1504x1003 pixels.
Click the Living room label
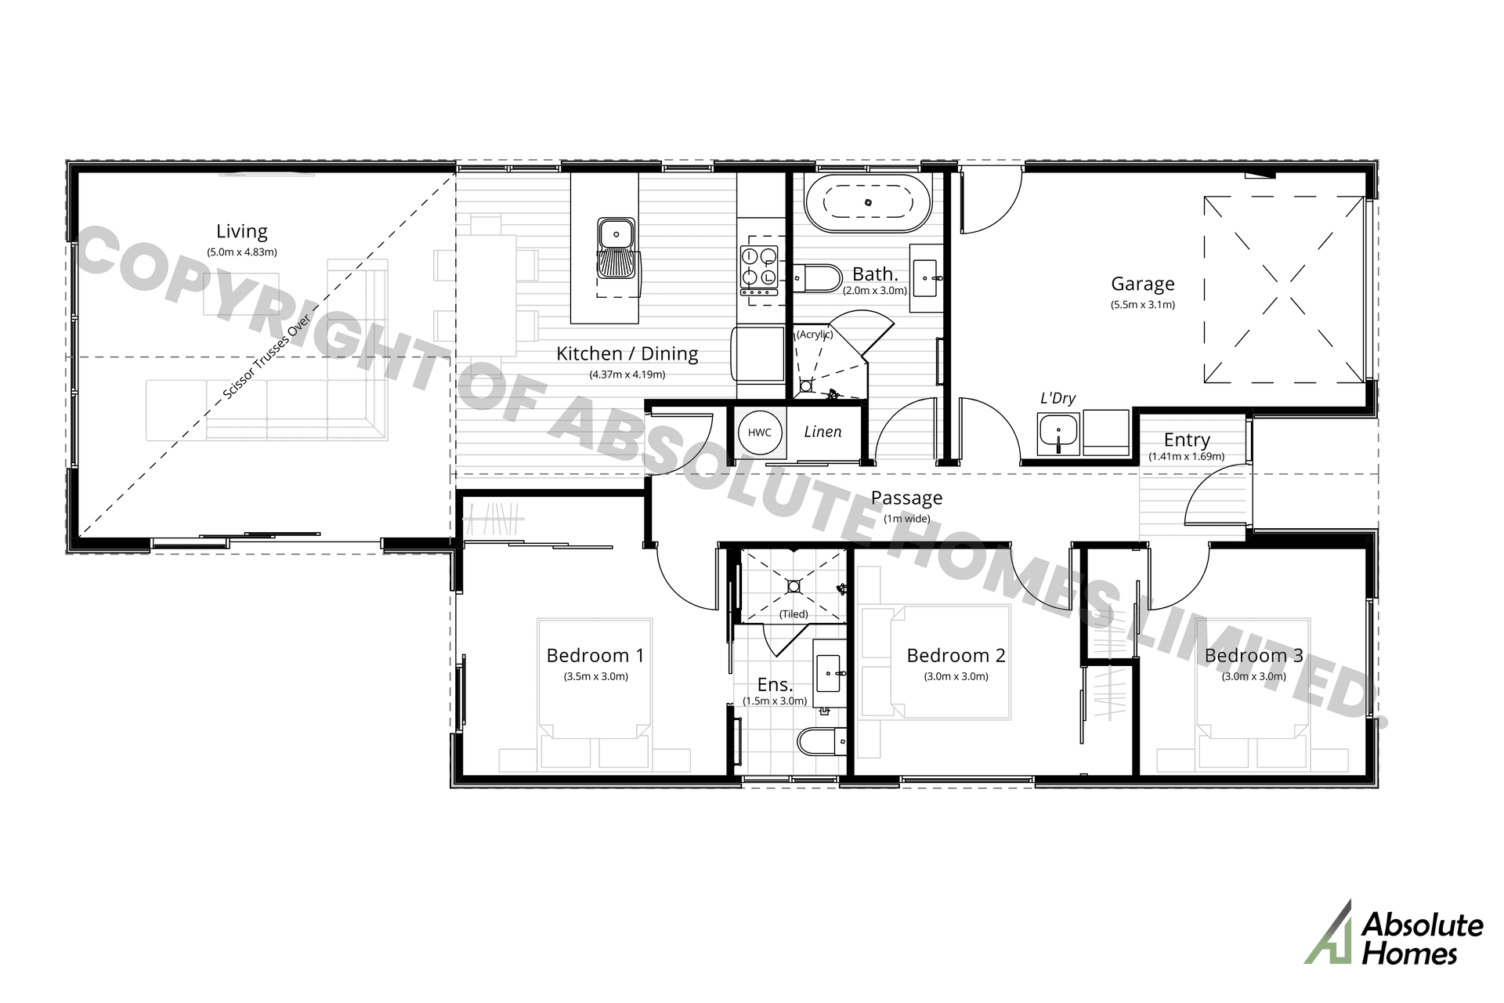[x=242, y=231]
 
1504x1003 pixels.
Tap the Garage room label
[x=1143, y=284]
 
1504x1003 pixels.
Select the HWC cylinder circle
[x=760, y=433]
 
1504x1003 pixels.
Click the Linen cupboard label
[x=822, y=432]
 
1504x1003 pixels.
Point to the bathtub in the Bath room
[x=868, y=202]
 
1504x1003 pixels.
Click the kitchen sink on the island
[x=617, y=247]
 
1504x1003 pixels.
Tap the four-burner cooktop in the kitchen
[x=759, y=271]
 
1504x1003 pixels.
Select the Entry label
[x=1187, y=440]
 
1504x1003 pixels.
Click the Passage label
[x=907, y=498]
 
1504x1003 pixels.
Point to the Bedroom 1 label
[x=595, y=655]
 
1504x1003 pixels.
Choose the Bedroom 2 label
[x=956, y=655]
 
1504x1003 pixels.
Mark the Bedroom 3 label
[x=1254, y=655]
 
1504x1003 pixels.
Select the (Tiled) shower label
[x=794, y=614]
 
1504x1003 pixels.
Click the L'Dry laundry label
[x=1057, y=398]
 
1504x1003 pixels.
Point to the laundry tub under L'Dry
[x=1058, y=433]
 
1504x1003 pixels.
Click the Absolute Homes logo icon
[x=1329, y=932]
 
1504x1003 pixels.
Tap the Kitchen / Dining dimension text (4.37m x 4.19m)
[x=627, y=375]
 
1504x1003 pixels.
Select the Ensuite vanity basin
[x=830, y=672]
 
